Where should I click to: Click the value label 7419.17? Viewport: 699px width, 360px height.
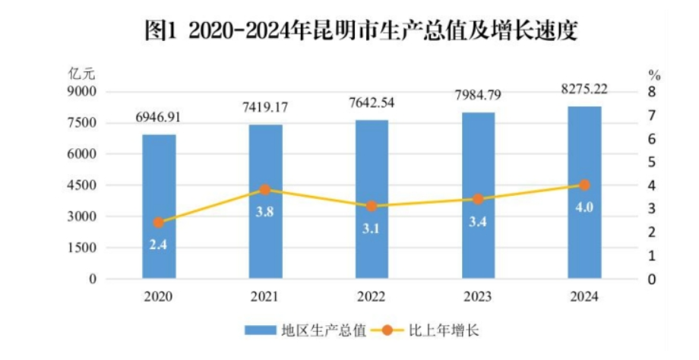pos(265,106)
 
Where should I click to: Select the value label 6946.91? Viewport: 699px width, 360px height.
pos(159,118)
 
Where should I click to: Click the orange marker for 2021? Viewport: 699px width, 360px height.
pos(265,190)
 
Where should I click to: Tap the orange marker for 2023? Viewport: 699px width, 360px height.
pos(478,199)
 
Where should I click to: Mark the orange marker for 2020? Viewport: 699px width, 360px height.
pos(159,223)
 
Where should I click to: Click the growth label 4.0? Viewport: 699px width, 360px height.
pos(584,208)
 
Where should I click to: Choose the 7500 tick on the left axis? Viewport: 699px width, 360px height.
pos(84,123)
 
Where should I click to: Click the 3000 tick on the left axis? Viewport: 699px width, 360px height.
pos(84,216)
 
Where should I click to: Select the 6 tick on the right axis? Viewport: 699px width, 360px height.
pos(651,139)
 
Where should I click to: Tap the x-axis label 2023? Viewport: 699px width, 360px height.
pos(478,297)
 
